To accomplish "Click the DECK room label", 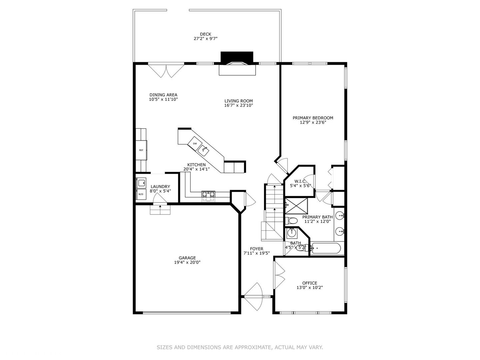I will (x=205, y=34).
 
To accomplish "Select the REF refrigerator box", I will (x=141, y=150).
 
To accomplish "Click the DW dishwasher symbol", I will (x=195, y=144).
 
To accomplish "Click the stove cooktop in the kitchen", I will (x=208, y=196).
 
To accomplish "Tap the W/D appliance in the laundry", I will (x=141, y=194).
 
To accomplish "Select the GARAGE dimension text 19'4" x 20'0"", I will (x=187, y=262).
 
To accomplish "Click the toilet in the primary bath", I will (x=292, y=220).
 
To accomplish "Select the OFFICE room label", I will (x=310, y=283).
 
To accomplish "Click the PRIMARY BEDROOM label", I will (x=313, y=118).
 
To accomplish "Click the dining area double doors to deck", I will (x=166, y=70).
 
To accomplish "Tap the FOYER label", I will (x=257, y=249).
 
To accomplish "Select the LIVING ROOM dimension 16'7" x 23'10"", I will (x=238, y=105).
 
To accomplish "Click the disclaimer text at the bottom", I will (x=240, y=347).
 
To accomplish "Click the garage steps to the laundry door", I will (x=160, y=210).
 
